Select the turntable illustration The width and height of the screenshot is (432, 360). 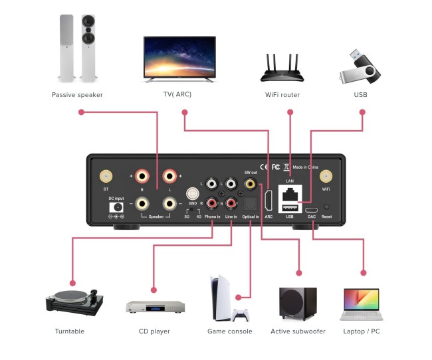point(74,300)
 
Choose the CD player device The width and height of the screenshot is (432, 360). point(155,307)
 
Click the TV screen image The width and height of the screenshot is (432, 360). point(179,58)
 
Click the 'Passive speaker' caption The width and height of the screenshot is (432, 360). point(77,95)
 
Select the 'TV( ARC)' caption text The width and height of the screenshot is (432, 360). point(177,95)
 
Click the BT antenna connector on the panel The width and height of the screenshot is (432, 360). point(105,177)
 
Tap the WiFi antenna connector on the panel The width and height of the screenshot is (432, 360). point(326,177)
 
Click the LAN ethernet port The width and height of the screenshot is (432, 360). point(290,194)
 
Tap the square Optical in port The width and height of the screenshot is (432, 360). point(250,203)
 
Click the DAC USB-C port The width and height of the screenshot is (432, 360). point(311,208)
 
